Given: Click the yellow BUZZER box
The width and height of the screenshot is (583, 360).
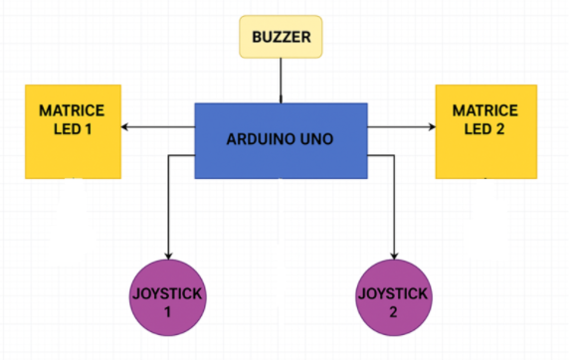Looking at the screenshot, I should (282, 37).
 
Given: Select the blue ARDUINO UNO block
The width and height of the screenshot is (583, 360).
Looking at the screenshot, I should (281, 140).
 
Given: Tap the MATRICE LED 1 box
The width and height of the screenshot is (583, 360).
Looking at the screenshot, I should (72, 130).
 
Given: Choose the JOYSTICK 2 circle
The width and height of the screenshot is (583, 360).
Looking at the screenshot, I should (396, 302).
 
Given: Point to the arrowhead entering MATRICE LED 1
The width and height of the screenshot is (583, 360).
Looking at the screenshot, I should (126, 127).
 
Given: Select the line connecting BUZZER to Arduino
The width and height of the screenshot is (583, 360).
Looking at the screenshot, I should (281, 79).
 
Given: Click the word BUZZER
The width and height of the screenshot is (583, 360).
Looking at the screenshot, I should (282, 37).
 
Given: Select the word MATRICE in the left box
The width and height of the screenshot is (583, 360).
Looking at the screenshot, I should (72, 110).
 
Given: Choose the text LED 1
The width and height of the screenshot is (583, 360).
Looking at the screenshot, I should (72, 129).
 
